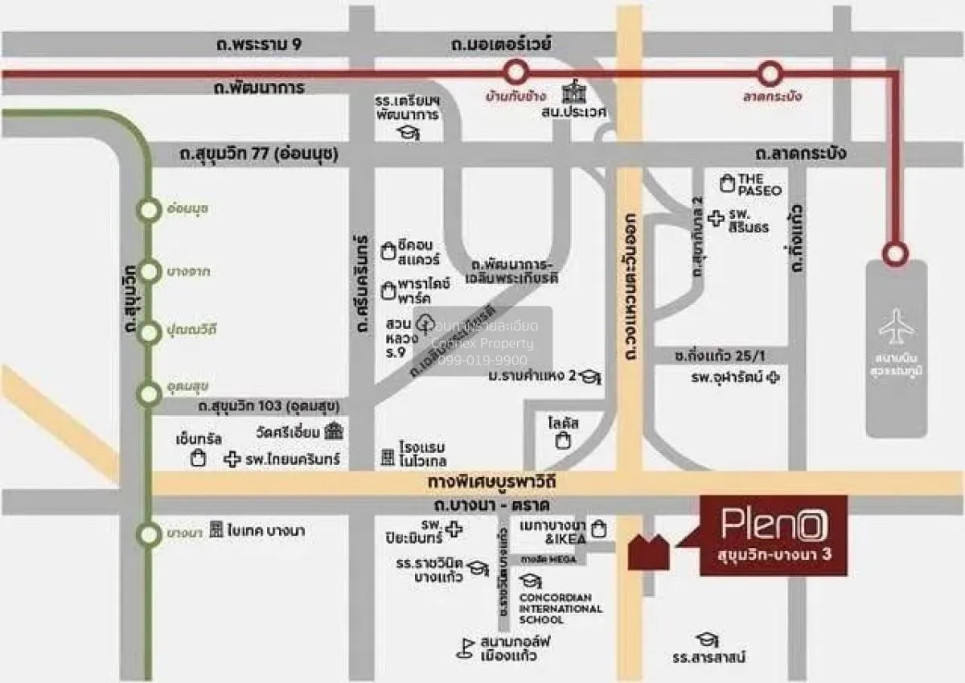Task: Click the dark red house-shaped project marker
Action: coord(648,552)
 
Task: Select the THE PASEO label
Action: coord(749,184)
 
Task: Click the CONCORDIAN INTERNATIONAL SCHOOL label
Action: coord(560,608)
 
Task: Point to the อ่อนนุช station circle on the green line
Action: coord(149,211)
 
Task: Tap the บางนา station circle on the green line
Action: coord(149,533)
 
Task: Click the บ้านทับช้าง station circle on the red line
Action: coord(514,74)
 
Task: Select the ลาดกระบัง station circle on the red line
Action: coord(770,74)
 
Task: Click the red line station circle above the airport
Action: coord(893,253)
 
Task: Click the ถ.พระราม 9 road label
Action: coord(259,44)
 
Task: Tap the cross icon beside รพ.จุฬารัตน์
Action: coord(773,376)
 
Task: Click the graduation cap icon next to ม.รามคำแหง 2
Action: coord(592,376)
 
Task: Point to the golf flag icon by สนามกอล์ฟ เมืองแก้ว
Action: coord(464,648)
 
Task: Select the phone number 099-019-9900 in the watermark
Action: coord(482,360)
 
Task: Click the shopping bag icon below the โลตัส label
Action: coord(564,440)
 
